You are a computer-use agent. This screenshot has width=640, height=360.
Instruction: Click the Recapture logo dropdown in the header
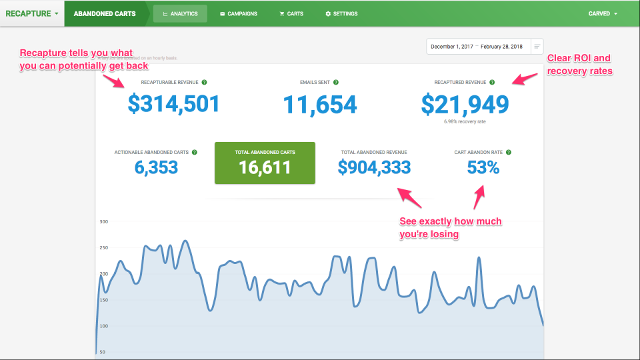[31, 13]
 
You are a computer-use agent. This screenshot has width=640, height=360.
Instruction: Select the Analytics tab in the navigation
[180, 13]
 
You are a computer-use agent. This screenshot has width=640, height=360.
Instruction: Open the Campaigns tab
[238, 13]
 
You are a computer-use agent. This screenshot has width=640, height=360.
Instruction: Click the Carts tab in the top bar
[291, 13]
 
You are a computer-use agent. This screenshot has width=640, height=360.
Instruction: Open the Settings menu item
[341, 13]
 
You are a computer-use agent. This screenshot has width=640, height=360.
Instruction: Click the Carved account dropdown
[603, 13]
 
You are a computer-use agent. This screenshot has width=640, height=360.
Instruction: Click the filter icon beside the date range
[537, 47]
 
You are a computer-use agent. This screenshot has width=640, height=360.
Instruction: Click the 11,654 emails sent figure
[319, 104]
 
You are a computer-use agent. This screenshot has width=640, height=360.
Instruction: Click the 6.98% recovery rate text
[465, 122]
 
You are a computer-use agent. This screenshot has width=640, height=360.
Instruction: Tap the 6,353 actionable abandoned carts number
[156, 167]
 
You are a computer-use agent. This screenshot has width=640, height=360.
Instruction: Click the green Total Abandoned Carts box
[265, 163]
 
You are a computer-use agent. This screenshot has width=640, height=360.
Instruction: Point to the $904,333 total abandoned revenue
[374, 167]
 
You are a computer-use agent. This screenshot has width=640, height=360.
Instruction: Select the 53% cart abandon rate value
[483, 167]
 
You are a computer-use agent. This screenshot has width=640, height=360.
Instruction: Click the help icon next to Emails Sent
[336, 83]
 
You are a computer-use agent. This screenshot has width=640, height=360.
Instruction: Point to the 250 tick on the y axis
[103, 247]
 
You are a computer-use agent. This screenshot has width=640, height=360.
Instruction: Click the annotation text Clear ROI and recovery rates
[579, 64]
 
